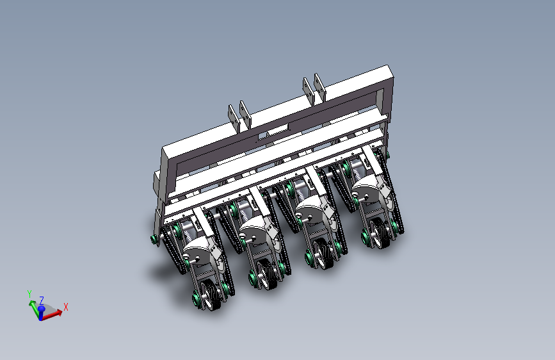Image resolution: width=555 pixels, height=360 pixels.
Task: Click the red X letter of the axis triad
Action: (65, 306)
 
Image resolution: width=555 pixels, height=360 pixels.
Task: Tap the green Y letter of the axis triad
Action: (29, 294)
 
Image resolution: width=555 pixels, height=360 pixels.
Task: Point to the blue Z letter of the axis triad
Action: (42, 300)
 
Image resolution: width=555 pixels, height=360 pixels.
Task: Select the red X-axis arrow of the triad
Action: (52, 315)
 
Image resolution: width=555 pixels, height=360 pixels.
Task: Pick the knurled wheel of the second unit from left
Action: (268, 275)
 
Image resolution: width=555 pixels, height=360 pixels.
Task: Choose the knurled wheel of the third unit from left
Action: (323, 254)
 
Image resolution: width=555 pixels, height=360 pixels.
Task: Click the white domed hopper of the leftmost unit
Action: (199, 248)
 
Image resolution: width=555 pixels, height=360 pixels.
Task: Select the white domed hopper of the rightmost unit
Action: (367, 186)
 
